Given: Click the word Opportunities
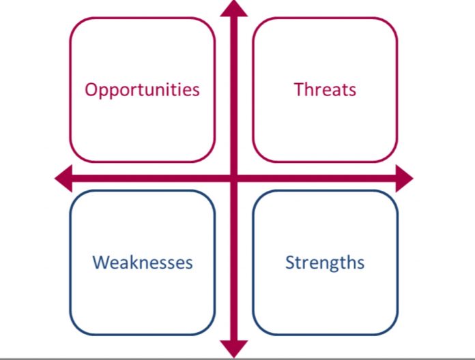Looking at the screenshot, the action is [142, 90].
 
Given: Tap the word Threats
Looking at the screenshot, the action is [325, 89].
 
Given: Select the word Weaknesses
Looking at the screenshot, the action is [143, 262].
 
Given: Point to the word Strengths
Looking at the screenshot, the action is [325, 263].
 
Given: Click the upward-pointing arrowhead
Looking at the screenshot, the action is [234, 9].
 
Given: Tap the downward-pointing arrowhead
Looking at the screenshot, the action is [234, 348].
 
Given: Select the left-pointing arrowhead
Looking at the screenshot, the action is [64, 179].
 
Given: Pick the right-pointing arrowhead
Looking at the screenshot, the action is [405, 179].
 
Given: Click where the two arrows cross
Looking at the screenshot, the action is [234, 179].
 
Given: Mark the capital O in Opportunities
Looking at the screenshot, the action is [91, 90].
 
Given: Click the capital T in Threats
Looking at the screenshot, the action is [300, 89].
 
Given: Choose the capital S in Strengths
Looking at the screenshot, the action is [290, 262].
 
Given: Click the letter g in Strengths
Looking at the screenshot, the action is [339, 265].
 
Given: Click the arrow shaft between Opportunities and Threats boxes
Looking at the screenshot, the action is [234, 90].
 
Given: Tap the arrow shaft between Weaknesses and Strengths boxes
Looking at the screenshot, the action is [234, 262].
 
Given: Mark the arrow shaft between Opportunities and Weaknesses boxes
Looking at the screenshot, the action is [143, 179].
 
